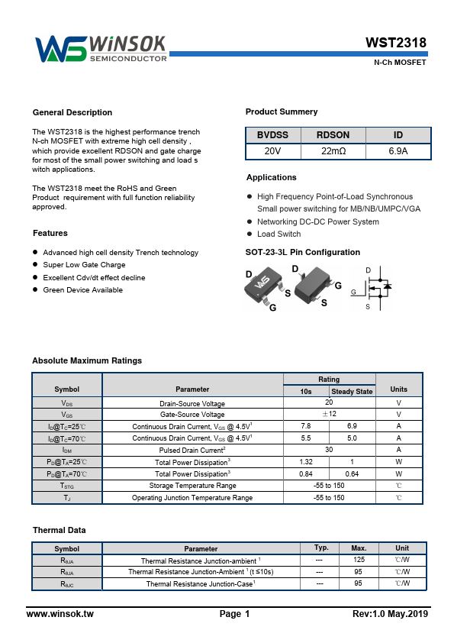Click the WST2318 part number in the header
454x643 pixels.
(395, 43)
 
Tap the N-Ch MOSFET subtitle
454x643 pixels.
(399, 63)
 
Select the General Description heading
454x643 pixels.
(72, 112)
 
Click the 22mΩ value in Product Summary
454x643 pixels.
(333, 151)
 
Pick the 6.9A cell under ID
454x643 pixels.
(398, 151)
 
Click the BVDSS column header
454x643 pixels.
(272, 134)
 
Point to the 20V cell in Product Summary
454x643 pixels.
(272, 151)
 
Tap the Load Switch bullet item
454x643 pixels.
(279, 234)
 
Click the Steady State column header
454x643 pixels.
(352, 392)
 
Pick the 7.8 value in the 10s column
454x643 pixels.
(306, 425)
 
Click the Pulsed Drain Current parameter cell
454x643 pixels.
(192, 450)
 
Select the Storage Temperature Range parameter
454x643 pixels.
(192, 486)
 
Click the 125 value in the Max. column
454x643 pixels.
(359, 560)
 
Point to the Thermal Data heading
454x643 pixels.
(59, 530)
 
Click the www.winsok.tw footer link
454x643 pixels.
(60, 614)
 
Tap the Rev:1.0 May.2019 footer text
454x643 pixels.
(390, 614)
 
